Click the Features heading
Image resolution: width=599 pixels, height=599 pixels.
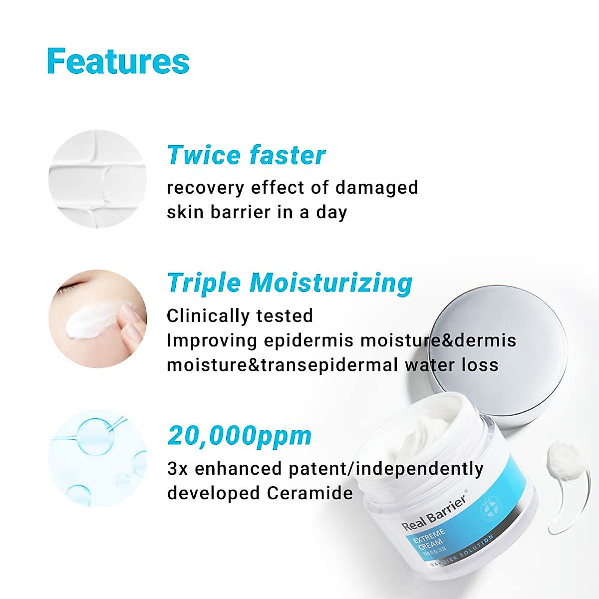point(118,61)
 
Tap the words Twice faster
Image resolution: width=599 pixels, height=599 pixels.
point(246,155)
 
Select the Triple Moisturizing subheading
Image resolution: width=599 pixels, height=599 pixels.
point(290,283)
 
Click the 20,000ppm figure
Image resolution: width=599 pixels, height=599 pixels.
point(240,436)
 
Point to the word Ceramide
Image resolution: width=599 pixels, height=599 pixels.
point(309,493)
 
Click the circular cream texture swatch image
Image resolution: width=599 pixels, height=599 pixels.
point(98,179)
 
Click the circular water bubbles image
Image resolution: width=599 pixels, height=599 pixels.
point(98,457)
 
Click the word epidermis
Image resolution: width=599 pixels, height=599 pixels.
point(309,340)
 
